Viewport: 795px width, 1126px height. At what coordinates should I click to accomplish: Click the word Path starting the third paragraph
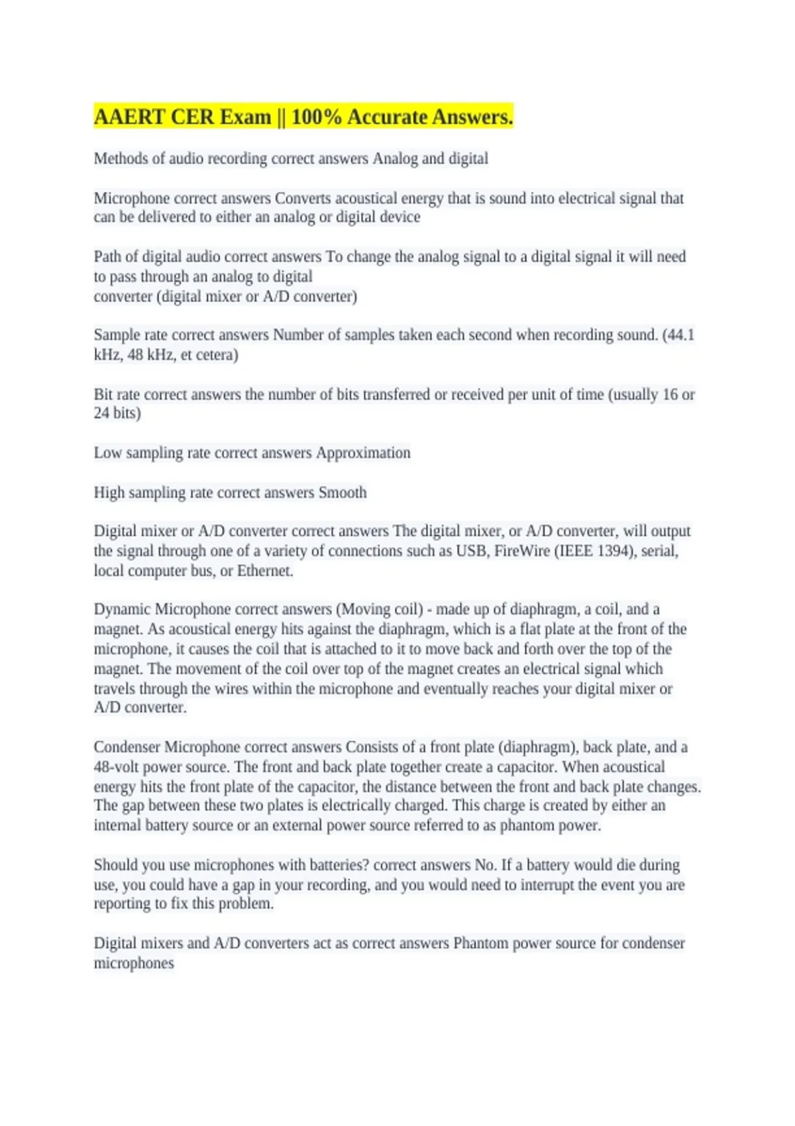(107, 257)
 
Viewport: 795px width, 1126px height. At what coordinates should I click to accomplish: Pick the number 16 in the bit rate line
(670, 395)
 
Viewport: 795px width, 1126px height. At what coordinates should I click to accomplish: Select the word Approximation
(363, 453)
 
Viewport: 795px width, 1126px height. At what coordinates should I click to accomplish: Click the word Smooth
(342, 493)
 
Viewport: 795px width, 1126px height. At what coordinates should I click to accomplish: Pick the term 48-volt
(116, 767)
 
